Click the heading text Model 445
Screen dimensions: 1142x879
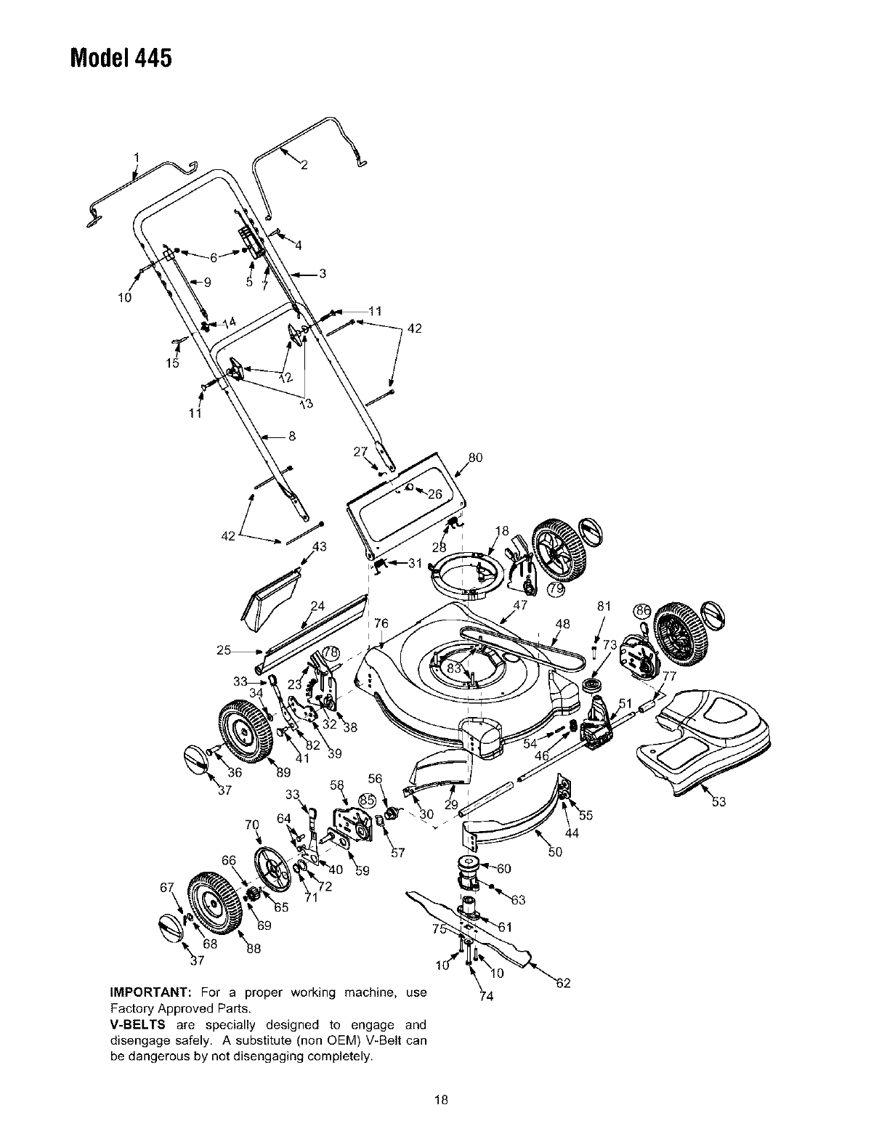121,57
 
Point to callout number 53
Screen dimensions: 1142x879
719,802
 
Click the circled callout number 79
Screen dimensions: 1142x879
556,588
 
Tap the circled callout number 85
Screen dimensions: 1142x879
368,799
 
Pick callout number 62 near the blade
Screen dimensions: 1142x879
563,984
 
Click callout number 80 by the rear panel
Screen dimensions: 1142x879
475,458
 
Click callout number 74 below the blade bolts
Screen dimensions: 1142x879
487,996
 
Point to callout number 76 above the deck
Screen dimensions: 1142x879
381,624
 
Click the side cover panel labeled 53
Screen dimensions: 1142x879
703,741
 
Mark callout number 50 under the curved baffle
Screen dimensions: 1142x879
555,852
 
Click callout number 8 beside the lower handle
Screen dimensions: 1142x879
292,437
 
